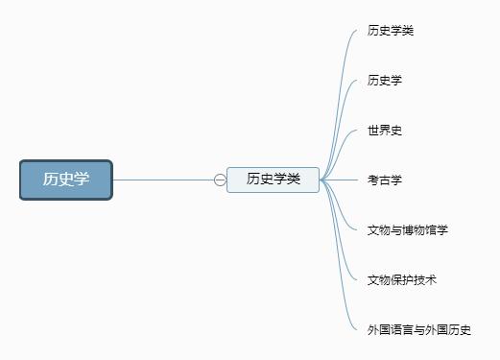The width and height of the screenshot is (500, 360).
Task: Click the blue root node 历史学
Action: click(x=66, y=180)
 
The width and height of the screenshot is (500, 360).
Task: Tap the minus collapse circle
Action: click(x=220, y=180)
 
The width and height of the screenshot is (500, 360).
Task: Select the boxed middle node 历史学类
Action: click(x=273, y=180)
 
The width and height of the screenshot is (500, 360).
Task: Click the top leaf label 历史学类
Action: click(x=391, y=31)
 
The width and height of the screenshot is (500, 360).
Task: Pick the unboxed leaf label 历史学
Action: click(x=384, y=81)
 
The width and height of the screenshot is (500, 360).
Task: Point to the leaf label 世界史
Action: click(x=384, y=131)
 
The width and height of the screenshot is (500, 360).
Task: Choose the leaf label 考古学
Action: click(x=384, y=180)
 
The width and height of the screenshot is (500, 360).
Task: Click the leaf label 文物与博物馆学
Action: click(x=408, y=229)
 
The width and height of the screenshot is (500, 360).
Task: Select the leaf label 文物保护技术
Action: click(x=402, y=279)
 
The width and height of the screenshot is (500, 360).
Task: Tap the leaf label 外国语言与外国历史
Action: click(x=419, y=329)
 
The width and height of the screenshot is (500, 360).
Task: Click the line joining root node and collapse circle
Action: click(x=163, y=180)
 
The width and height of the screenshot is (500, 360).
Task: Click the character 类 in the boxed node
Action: click(x=294, y=180)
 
